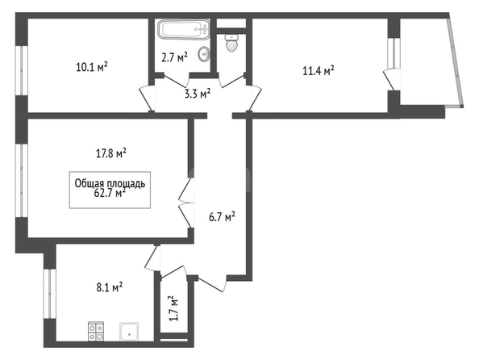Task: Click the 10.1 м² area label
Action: pyautogui.click(x=92, y=67)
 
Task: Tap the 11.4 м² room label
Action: pyautogui.click(x=319, y=71)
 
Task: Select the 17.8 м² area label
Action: pyautogui.click(x=111, y=153)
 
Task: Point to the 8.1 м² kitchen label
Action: pyautogui.click(x=110, y=287)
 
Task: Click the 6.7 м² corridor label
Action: pyautogui.click(x=222, y=217)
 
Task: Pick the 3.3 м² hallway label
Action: pyautogui.click(x=198, y=94)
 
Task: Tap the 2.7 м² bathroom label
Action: pyautogui.click(x=174, y=57)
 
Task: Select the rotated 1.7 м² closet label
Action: pyautogui.click(x=173, y=308)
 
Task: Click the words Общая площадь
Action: pyautogui.click(x=110, y=183)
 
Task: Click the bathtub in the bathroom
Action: pyautogui.click(x=184, y=30)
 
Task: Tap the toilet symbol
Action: pyautogui.click(x=231, y=43)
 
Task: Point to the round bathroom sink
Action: pyautogui.click(x=203, y=54)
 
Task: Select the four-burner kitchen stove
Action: pyautogui.click(x=96, y=331)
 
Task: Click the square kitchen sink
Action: pyautogui.click(x=129, y=332)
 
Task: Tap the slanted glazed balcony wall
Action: pyautogui.click(x=455, y=62)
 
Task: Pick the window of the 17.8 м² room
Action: pyautogui.click(x=22, y=181)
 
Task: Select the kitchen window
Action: pyautogui.click(x=50, y=294)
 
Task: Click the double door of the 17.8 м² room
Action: pyautogui.click(x=186, y=203)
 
